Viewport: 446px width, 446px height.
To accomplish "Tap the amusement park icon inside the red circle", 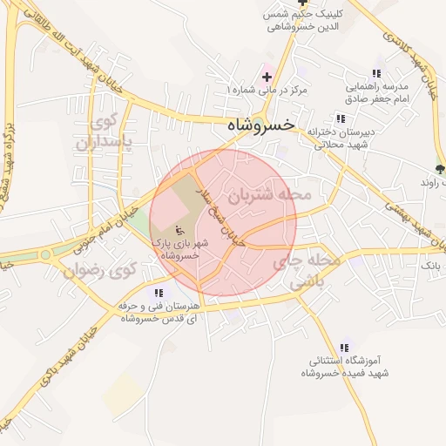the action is [x=179, y=232].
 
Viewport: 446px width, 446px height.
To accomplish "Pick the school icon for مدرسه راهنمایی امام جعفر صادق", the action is [x=376, y=74].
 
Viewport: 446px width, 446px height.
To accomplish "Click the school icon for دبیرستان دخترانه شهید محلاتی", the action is [x=340, y=118].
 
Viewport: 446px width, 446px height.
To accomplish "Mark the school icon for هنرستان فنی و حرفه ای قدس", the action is [x=159, y=293].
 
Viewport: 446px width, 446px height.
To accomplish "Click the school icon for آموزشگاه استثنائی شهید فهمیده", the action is [x=347, y=347].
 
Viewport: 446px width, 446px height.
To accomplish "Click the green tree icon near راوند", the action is [x=439, y=168].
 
